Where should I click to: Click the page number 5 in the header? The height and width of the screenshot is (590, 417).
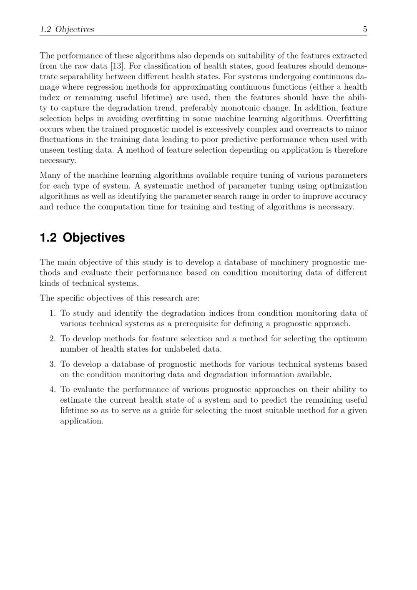pyautogui.click(x=365, y=29)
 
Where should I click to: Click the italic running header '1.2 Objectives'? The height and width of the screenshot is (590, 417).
pyautogui.click(x=67, y=29)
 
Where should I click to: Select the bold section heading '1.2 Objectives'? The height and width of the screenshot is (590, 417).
pyautogui.click(x=82, y=237)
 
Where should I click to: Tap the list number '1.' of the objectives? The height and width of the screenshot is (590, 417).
pyautogui.click(x=52, y=313)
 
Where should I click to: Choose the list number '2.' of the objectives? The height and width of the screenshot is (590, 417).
pyautogui.click(x=52, y=338)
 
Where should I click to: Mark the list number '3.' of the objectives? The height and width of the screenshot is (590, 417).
pyautogui.click(x=52, y=364)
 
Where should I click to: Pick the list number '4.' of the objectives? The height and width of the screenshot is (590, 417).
pyautogui.click(x=52, y=389)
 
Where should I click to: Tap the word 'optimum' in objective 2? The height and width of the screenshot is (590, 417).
pyautogui.click(x=350, y=338)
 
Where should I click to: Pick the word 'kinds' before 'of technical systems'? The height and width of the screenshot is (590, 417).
pyautogui.click(x=50, y=283)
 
